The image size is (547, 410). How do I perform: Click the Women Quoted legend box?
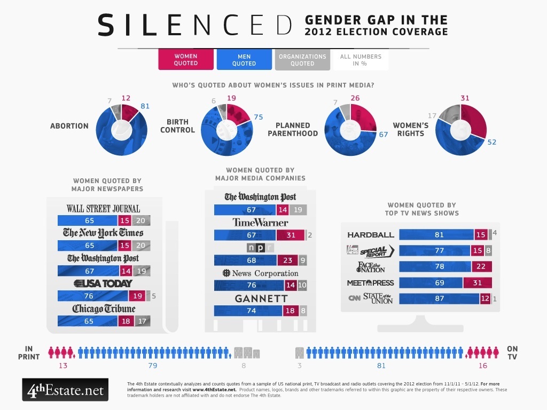185,60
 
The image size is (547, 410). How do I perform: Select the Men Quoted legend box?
244,60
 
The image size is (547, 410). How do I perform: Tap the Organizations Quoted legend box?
302,60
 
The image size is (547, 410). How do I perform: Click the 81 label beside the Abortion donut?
144,106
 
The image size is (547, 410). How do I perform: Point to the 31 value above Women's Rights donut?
465,98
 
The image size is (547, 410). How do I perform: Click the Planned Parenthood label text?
293,129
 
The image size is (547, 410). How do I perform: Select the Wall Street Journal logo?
103,208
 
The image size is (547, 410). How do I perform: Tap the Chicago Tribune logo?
104,309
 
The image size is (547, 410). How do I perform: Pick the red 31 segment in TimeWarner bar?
290,235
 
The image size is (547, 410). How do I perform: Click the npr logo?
261,248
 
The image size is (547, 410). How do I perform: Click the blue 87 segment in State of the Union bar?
439,299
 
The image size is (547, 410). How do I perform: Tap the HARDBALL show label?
370,234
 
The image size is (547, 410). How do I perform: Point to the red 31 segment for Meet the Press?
477,283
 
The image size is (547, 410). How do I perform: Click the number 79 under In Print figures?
152,366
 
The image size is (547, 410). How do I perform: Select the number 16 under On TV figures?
483,366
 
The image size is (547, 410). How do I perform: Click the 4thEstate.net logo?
65,390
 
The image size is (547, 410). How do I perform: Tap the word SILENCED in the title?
196,25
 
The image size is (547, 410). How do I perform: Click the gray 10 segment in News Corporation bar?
302,286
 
